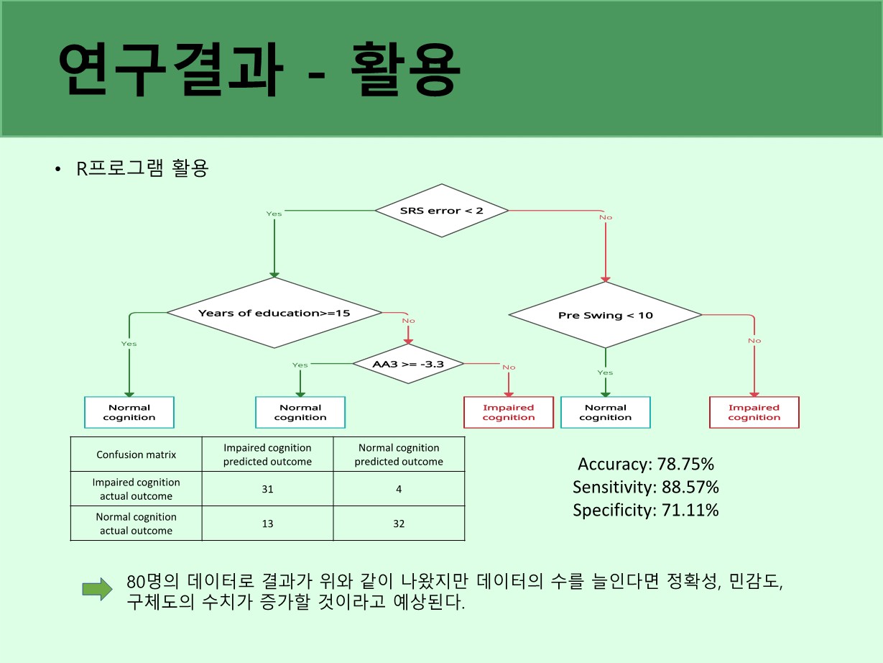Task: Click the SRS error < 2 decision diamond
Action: pos(442,211)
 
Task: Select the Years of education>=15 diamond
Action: pos(274,313)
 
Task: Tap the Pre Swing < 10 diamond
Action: pos(605,316)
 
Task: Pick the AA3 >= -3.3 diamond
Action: pos(408,364)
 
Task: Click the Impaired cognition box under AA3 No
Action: pos(509,413)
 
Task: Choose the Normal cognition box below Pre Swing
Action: pos(605,413)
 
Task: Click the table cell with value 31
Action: pos(267,489)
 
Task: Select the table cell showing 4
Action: pos(399,489)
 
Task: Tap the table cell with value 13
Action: pos(267,523)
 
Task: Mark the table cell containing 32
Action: pos(399,523)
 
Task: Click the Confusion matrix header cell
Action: pos(136,454)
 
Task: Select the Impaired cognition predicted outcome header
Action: pos(267,454)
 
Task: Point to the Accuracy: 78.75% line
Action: pos(646,465)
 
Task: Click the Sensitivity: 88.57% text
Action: pos(646,488)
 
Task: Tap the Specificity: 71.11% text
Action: pos(646,511)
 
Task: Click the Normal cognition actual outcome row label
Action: pos(136,523)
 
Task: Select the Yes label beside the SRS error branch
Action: pos(274,214)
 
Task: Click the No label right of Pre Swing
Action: pos(754,340)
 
